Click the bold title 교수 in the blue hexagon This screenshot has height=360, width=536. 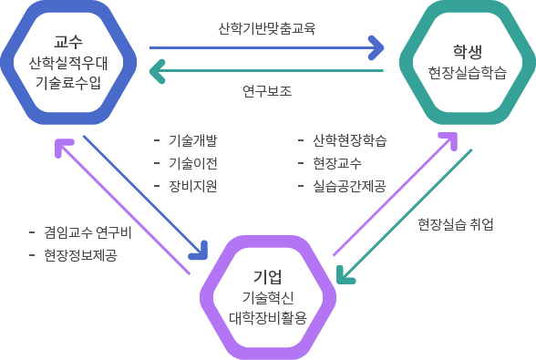pos(68,42)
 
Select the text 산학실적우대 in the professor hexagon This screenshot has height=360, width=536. pos(68,63)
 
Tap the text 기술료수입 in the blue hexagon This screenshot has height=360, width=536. pos(68,83)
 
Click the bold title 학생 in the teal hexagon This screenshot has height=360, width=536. pos(467,50)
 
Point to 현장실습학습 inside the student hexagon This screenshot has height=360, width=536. pos(467,72)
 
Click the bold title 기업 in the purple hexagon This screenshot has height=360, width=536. pos(267,276)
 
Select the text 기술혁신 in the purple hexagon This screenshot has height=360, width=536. pos(267,298)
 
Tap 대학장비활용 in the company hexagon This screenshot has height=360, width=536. pos(267,318)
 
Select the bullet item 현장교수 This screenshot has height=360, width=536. pos(336,163)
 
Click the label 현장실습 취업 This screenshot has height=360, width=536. pos(455,224)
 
